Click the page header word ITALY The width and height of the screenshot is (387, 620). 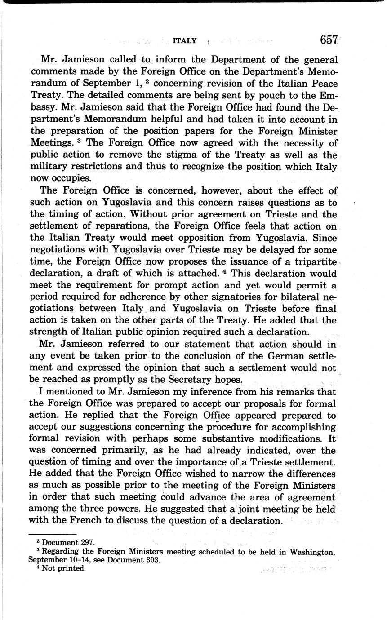click(185, 41)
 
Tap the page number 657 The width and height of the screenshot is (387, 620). click(329, 40)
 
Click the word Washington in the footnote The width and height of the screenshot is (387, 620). click(312, 552)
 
